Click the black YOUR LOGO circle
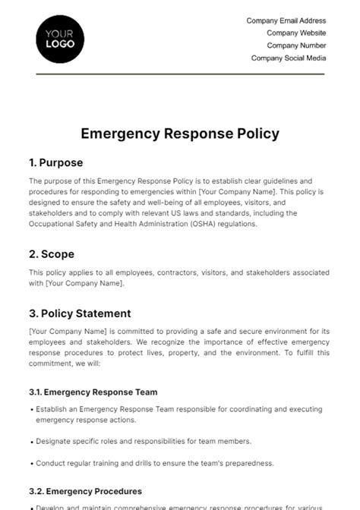[x=60, y=38]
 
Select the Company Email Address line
[x=286, y=20]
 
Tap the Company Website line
[x=296, y=33]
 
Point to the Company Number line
[x=296, y=46]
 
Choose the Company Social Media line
[x=289, y=58]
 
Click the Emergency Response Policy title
[x=180, y=134]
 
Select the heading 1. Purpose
[x=56, y=162]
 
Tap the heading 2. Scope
[x=51, y=254]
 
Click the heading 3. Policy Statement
[x=80, y=313]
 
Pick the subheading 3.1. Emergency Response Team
[x=93, y=392]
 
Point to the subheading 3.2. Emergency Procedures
[x=85, y=491]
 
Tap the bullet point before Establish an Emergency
[x=31, y=410]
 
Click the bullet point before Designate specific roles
[x=31, y=441]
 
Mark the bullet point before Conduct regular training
[x=31, y=463]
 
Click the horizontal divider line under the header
[x=180, y=74]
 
